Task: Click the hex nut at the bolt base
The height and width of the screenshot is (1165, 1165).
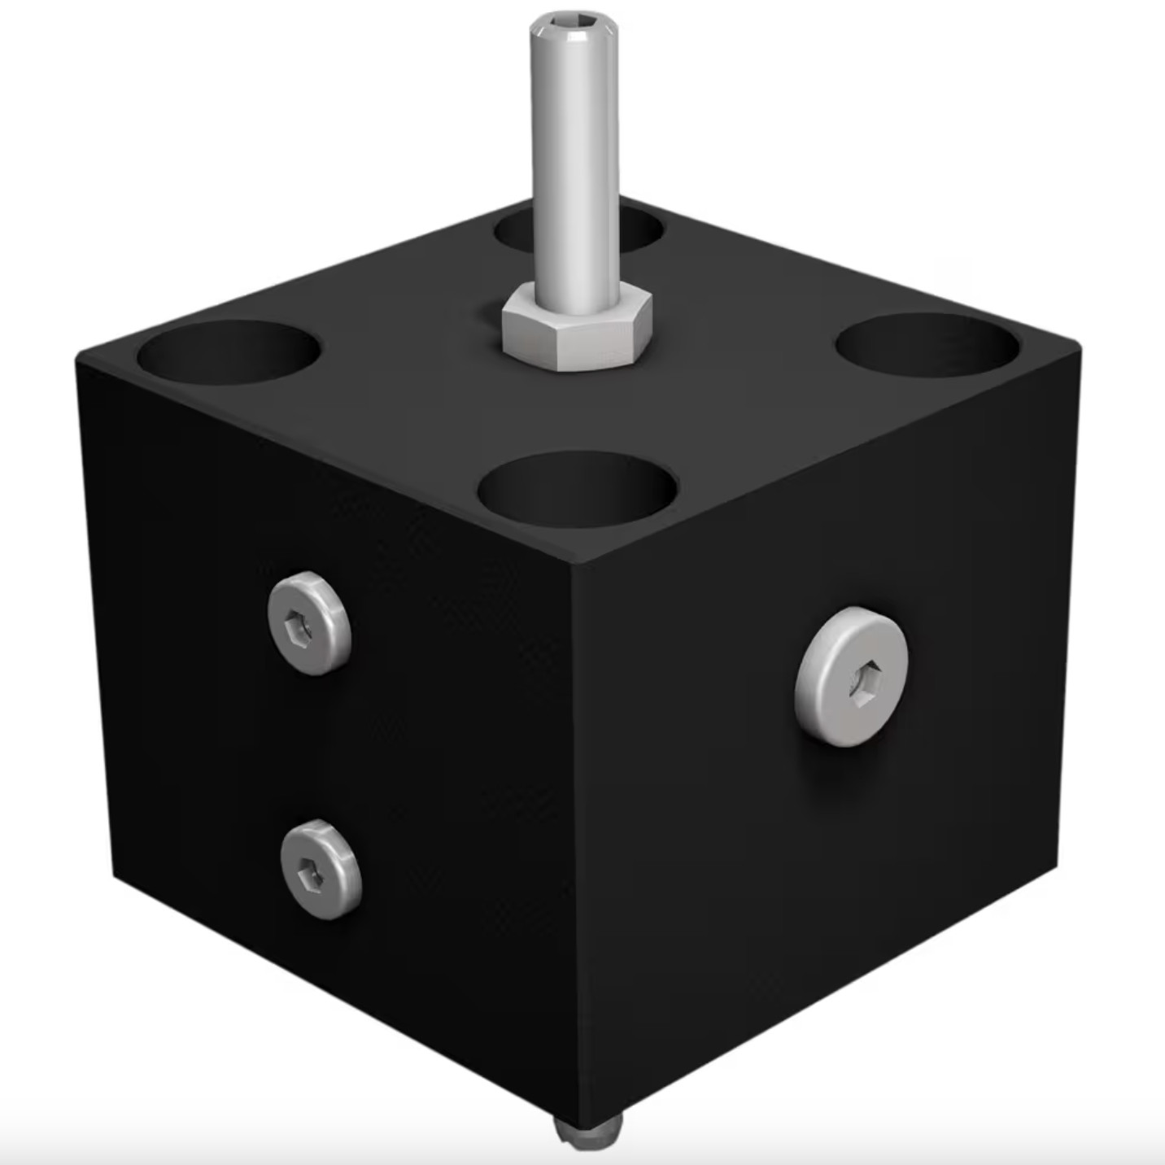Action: tap(576, 334)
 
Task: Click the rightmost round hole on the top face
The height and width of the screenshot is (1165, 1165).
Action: tap(927, 346)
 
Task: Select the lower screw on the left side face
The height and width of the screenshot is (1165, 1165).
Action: tap(321, 869)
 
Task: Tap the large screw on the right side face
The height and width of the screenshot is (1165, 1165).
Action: tap(852, 676)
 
